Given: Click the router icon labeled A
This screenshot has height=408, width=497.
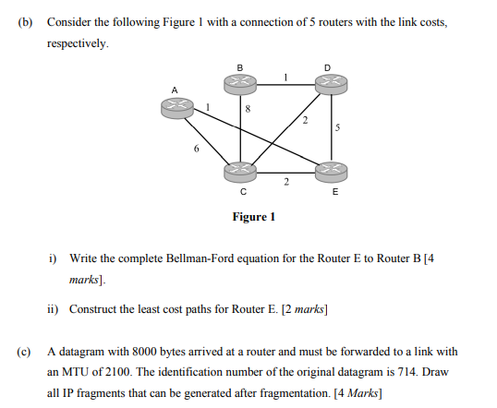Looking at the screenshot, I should coord(176,107).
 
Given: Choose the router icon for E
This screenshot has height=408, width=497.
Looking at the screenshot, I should coord(333,172).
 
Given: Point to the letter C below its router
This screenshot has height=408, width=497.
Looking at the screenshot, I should coord(242,193).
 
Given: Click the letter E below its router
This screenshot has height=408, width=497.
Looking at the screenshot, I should coord(334,193).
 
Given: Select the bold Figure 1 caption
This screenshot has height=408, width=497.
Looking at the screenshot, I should coord(254,218).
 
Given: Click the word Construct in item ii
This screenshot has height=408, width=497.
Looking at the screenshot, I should coord(92,310).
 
